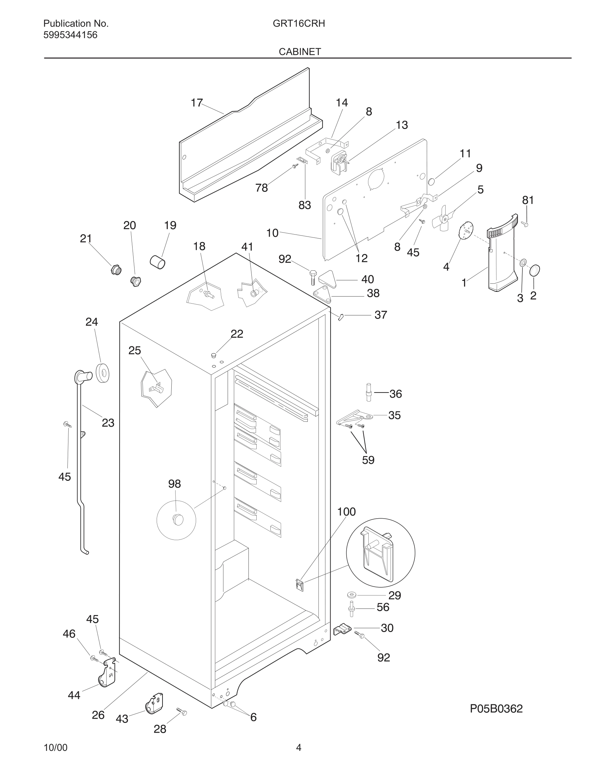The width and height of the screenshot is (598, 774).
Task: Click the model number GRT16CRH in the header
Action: click(x=299, y=24)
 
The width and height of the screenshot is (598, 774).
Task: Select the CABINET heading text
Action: click(x=300, y=52)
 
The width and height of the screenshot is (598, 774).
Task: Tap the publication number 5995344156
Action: click(x=70, y=35)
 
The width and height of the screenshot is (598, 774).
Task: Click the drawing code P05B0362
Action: click(x=496, y=709)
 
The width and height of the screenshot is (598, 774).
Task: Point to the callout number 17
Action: click(x=197, y=103)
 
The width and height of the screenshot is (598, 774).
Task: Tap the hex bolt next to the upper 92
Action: click(x=313, y=277)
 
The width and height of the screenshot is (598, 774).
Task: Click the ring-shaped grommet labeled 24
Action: click(x=102, y=372)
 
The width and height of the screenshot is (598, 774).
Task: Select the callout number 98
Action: click(x=174, y=484)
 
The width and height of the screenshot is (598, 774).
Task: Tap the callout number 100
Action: click(x=346, y=512)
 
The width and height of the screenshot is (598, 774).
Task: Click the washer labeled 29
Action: click(x=352, y=594)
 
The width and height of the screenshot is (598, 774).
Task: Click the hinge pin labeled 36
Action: click(x=369, y=392)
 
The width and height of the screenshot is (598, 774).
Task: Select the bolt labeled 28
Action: click(x=181, y=711)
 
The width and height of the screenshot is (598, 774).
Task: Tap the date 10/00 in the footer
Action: click(x=55, y=748)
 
